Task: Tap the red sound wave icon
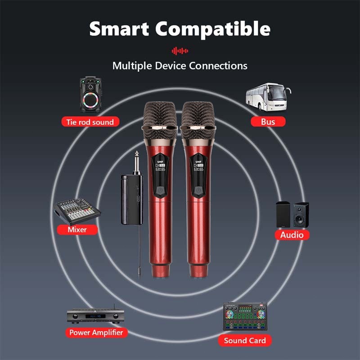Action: tap(180, 50)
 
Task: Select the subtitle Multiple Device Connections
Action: tap(180, 66)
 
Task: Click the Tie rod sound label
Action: tap(90, 121)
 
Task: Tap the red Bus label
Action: tap(267, 121)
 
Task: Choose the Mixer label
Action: tap(77, 229)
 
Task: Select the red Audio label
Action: tap(292, 234)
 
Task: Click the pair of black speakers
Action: tap(292, 214)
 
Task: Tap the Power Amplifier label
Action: tap(96, 333)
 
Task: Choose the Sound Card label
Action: tap(245, 340)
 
